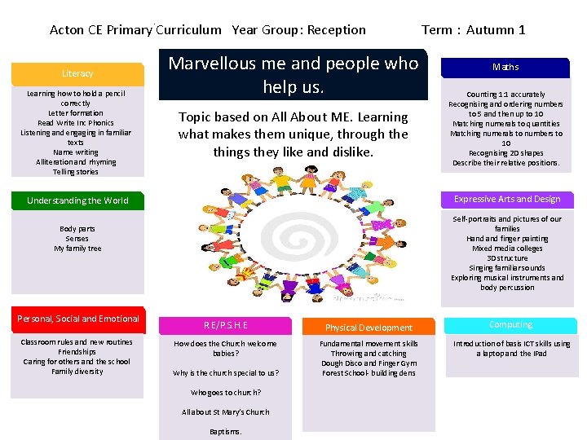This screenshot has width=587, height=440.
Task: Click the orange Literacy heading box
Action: (77, 73)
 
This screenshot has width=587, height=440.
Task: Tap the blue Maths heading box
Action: (505, 67)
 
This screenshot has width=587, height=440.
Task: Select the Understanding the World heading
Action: (77, 200)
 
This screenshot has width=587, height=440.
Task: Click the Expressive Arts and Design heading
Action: (507, 199)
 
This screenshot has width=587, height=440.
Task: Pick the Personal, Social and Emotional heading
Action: (78, 319)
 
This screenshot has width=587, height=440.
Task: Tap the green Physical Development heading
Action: (369, 328)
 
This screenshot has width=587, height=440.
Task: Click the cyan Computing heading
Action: (510, 325)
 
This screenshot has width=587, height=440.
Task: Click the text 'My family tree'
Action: (77, 249)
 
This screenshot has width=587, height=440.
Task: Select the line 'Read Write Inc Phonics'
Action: (76, 123)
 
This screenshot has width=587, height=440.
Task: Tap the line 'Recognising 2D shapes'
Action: (505, 153)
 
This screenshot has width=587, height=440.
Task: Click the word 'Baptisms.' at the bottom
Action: (225, 432)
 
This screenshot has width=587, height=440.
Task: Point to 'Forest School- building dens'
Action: (369, 373)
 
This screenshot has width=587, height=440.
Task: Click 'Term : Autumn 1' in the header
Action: (473, 30)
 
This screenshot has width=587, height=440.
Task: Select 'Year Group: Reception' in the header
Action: (298, 30)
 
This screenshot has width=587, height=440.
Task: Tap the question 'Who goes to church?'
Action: (225, 393)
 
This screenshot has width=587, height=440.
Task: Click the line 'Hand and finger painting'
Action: (507, 239)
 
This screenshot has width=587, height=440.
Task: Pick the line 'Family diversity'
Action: (77, 372)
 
